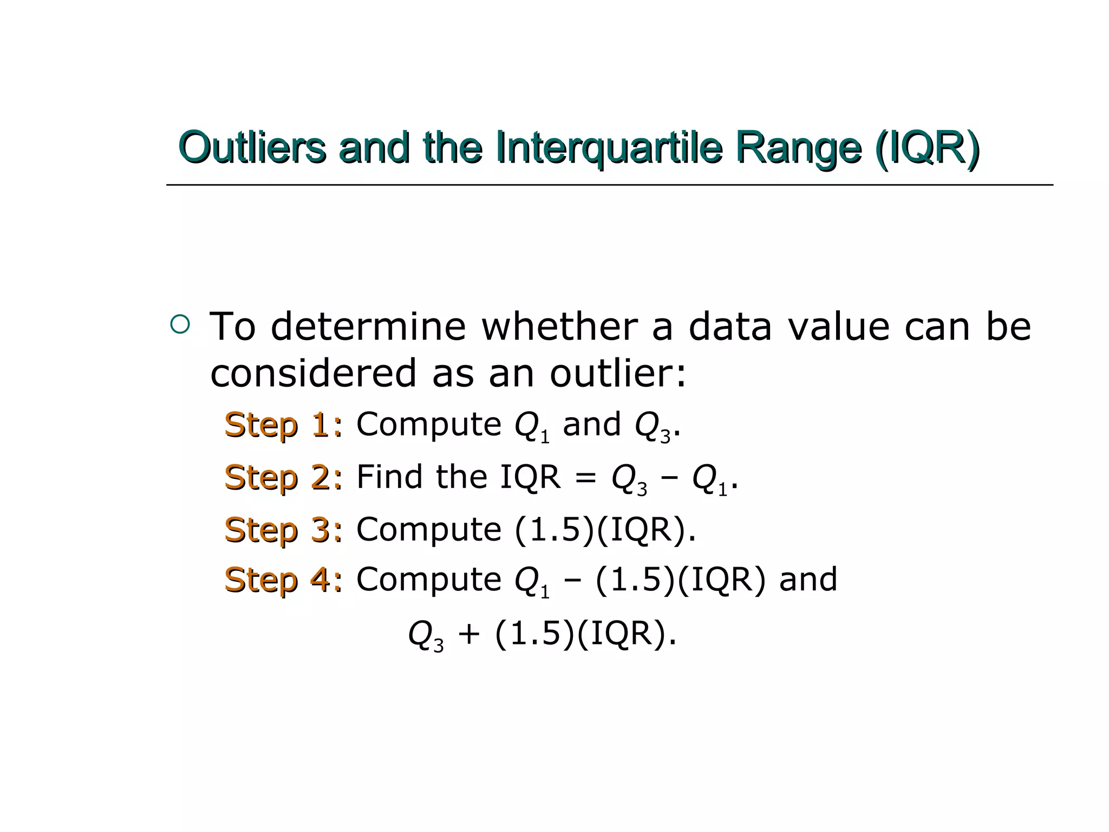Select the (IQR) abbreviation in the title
pyautogui.click(x=927, y=147)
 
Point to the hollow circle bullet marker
pyautogui.click(x=180, y=324)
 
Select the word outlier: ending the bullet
pyautogui.click(x=618, y=373)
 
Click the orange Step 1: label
pyautogui.click(x=283, y=425)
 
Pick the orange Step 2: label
pyautogui.click(x=283, y=477)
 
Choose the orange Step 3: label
pyautogui.click(x=283, y=529)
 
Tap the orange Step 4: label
pyautogui.click(x=283, y=580)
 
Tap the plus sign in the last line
pyautogui.click(x=469, y=633)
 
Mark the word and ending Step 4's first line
pyautogui.click(x=808, y=579)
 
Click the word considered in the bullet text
pyautogui.click(x=314, y=373)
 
